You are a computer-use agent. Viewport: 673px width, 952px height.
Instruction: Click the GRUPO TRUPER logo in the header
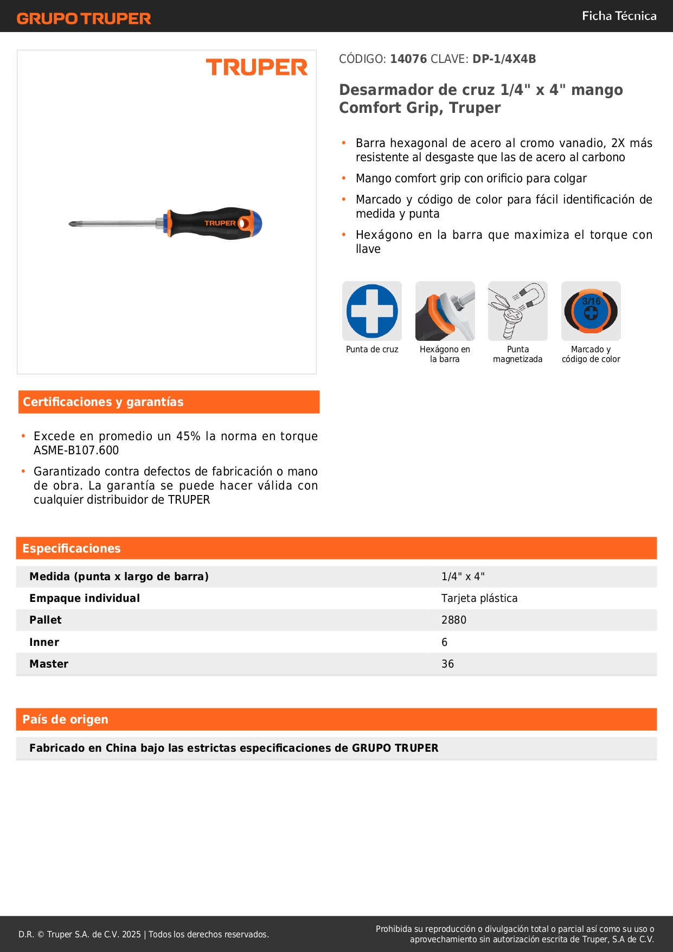click(84, 18)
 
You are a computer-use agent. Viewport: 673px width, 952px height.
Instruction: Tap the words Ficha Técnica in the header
click(619, 16)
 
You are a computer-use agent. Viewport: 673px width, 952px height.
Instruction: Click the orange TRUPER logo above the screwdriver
click(257, 67)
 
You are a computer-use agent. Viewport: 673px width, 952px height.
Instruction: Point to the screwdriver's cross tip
click(72, 224)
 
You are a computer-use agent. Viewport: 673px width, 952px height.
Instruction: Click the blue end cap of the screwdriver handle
click(257, 224)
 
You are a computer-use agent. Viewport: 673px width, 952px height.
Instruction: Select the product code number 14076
click(408, 59)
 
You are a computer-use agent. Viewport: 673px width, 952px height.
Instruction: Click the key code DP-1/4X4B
click(504, 59)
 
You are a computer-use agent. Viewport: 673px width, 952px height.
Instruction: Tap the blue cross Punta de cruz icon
click(372, 311)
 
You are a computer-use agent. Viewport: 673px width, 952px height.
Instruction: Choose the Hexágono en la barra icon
click(445, 311)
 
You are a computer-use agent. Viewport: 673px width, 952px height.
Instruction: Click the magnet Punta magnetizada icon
click(517, 311)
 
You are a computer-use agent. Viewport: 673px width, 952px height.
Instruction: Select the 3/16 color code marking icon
click(591, 311)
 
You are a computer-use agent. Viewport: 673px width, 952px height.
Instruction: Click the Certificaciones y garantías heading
click(103, 402)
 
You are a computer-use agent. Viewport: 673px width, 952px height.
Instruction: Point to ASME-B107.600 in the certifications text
click(76, 450)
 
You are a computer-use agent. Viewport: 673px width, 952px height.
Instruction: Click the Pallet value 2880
click(454, 620)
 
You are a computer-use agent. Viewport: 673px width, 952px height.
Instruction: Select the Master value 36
click(447, 664)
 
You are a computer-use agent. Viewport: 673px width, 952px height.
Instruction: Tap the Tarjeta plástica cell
click(479, 599)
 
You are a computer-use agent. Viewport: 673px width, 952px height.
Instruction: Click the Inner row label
click(44, 643)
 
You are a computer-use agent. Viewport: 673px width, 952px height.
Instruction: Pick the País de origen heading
click(66, 720)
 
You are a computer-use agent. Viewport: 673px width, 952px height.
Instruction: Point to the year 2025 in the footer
click(131, 935)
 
